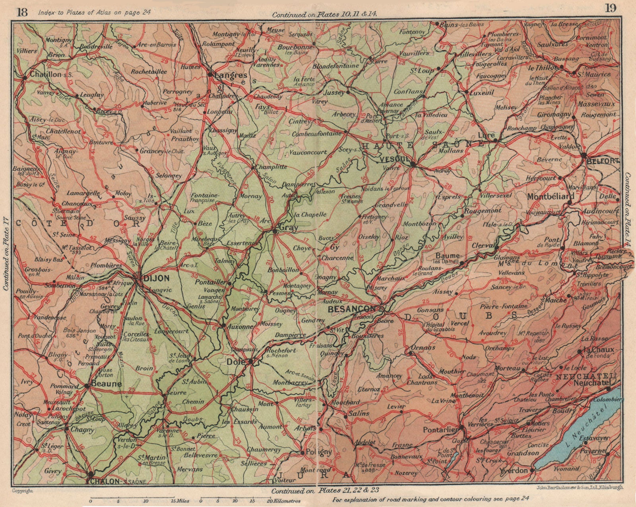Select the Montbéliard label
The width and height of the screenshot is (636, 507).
point(551,196)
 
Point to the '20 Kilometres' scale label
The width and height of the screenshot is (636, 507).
point(284,501)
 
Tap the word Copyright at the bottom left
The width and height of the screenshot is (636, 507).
point(22,491)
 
